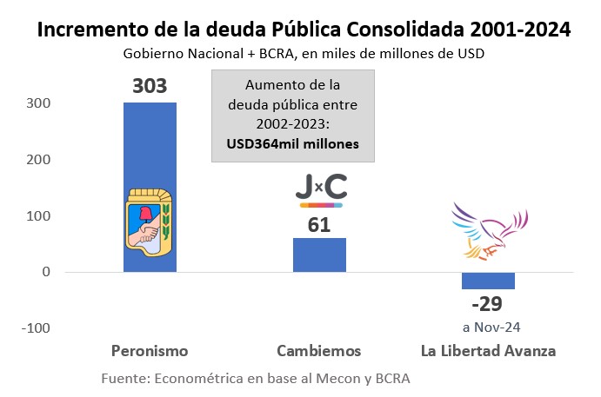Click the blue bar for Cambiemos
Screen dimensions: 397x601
319,255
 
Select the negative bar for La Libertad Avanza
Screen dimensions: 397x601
488,280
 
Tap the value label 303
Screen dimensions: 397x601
149,86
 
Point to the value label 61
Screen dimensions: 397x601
319,223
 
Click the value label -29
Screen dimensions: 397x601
488,304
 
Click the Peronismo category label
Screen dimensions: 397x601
150,351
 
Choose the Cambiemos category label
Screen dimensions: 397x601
318,351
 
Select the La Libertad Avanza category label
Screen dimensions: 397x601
488,351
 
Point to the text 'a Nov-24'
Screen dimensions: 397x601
488,328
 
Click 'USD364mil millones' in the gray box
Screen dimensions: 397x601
293,143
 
